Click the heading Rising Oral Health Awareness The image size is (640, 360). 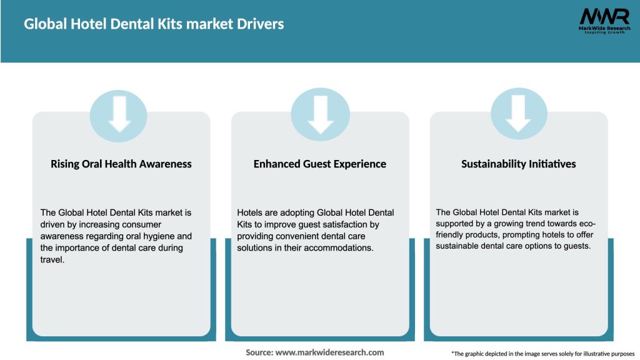121,164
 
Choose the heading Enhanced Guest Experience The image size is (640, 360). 320,164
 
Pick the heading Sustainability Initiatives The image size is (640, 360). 518,164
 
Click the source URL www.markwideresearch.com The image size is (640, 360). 330,352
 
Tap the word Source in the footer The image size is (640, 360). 259,352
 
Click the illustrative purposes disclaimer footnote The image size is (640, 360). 542,354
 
